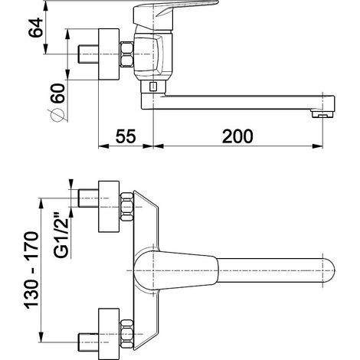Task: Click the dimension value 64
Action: pos(35,28)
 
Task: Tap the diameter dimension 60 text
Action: pos(57,93)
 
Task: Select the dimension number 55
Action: pos(126,136)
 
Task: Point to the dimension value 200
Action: pos(237,136)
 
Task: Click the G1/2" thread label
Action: pos(61,234)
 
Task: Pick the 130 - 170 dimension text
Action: pos(31,270)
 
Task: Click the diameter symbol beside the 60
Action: pos(57,115)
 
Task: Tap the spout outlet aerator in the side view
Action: pos(322,114)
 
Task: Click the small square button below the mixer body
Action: pos(153,87)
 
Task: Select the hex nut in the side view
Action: pos(126,54)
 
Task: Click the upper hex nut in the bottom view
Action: pos(126,207)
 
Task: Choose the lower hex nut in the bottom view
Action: pos(126,334)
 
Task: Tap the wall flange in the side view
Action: pos(109,54)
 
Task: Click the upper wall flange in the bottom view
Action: pos(109,207)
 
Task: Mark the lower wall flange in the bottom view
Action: pos(109,334)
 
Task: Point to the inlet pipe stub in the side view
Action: pos(88,54)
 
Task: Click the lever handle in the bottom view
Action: pos(176,270)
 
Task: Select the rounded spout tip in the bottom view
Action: pos(329,270)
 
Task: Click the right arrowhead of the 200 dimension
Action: pos(318,146)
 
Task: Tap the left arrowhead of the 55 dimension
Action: pos(103,146)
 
